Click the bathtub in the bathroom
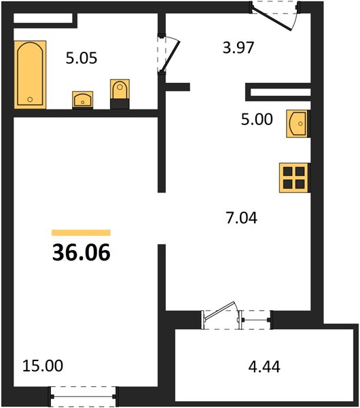click(30, 74)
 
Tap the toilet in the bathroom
click(120, 94)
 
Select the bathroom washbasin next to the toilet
click(83, 100)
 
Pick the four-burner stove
click(294, 178)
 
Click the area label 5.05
click(82, 58)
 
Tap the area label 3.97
click(238, 48)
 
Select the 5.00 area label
click(257, 120)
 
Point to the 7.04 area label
click(242, 218)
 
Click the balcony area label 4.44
click(264, 367)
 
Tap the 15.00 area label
click(43, 366)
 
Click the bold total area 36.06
click(82, 253)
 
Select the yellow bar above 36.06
click(81, 233)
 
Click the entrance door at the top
click(272, 19)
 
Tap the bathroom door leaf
click(170, 56)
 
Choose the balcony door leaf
click(220, 310)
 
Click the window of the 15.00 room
click(83, 396)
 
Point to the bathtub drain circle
click(30, 99)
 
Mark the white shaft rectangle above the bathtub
click(43, 18)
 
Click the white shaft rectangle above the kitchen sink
click(281, 92)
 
